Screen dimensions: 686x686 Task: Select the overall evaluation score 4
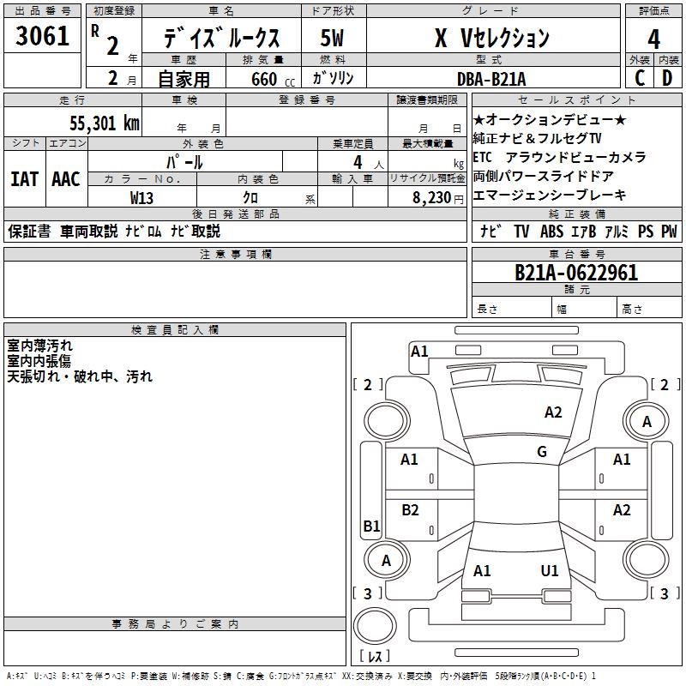click(653, 39)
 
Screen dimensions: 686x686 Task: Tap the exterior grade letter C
click(639, 78)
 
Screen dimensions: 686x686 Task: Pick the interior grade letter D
click(667, 78)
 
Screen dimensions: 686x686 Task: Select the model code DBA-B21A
click(492, 79)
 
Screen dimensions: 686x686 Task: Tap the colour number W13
click(142, 197)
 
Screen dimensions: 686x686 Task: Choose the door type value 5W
click(332, 39)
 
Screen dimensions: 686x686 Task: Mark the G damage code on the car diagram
click(541, 452)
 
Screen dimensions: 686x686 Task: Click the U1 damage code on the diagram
click(550, 570)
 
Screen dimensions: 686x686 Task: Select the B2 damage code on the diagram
click(410, 510)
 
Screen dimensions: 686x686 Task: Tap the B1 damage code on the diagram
click(371, 527)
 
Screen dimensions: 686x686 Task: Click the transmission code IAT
click(25, 179)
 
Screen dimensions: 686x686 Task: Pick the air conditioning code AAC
click(65, 179)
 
